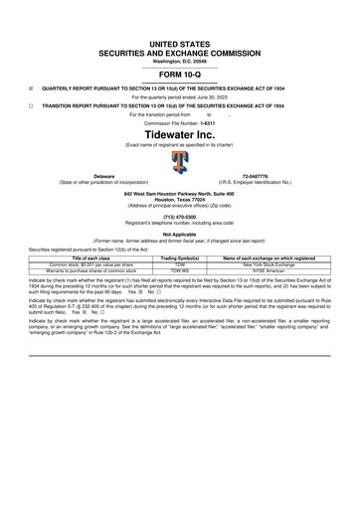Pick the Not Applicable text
point(179,235)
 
